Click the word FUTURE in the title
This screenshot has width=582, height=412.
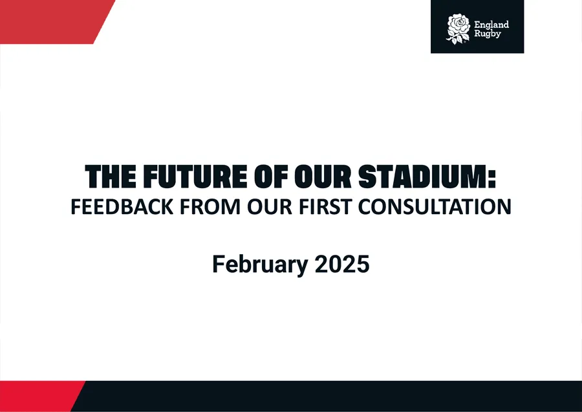(x=195, y=177)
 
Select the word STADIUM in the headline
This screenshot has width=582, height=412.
(x=422, y=177)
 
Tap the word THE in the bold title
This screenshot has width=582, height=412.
(x=110, y=177)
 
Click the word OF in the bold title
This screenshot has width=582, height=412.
(x=270, y=177)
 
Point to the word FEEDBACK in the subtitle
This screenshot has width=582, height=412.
(x=122, y=207)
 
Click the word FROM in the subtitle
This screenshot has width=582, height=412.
(x=210, y=207)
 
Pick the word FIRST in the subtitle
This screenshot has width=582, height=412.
(x=325, y=207)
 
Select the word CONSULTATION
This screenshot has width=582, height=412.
(x=435, y=207)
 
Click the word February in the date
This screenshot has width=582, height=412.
(x=260, y=265)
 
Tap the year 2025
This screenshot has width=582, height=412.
(x=342, y=264)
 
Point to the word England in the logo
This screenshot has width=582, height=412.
(x=491, y=25)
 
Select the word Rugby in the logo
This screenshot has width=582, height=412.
(x=488, y=34)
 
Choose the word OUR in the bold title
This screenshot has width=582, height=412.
(x=323, y=177)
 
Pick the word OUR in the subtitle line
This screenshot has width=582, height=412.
(x=270, y=207)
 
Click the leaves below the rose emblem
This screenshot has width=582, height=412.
(x=456, y=39)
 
